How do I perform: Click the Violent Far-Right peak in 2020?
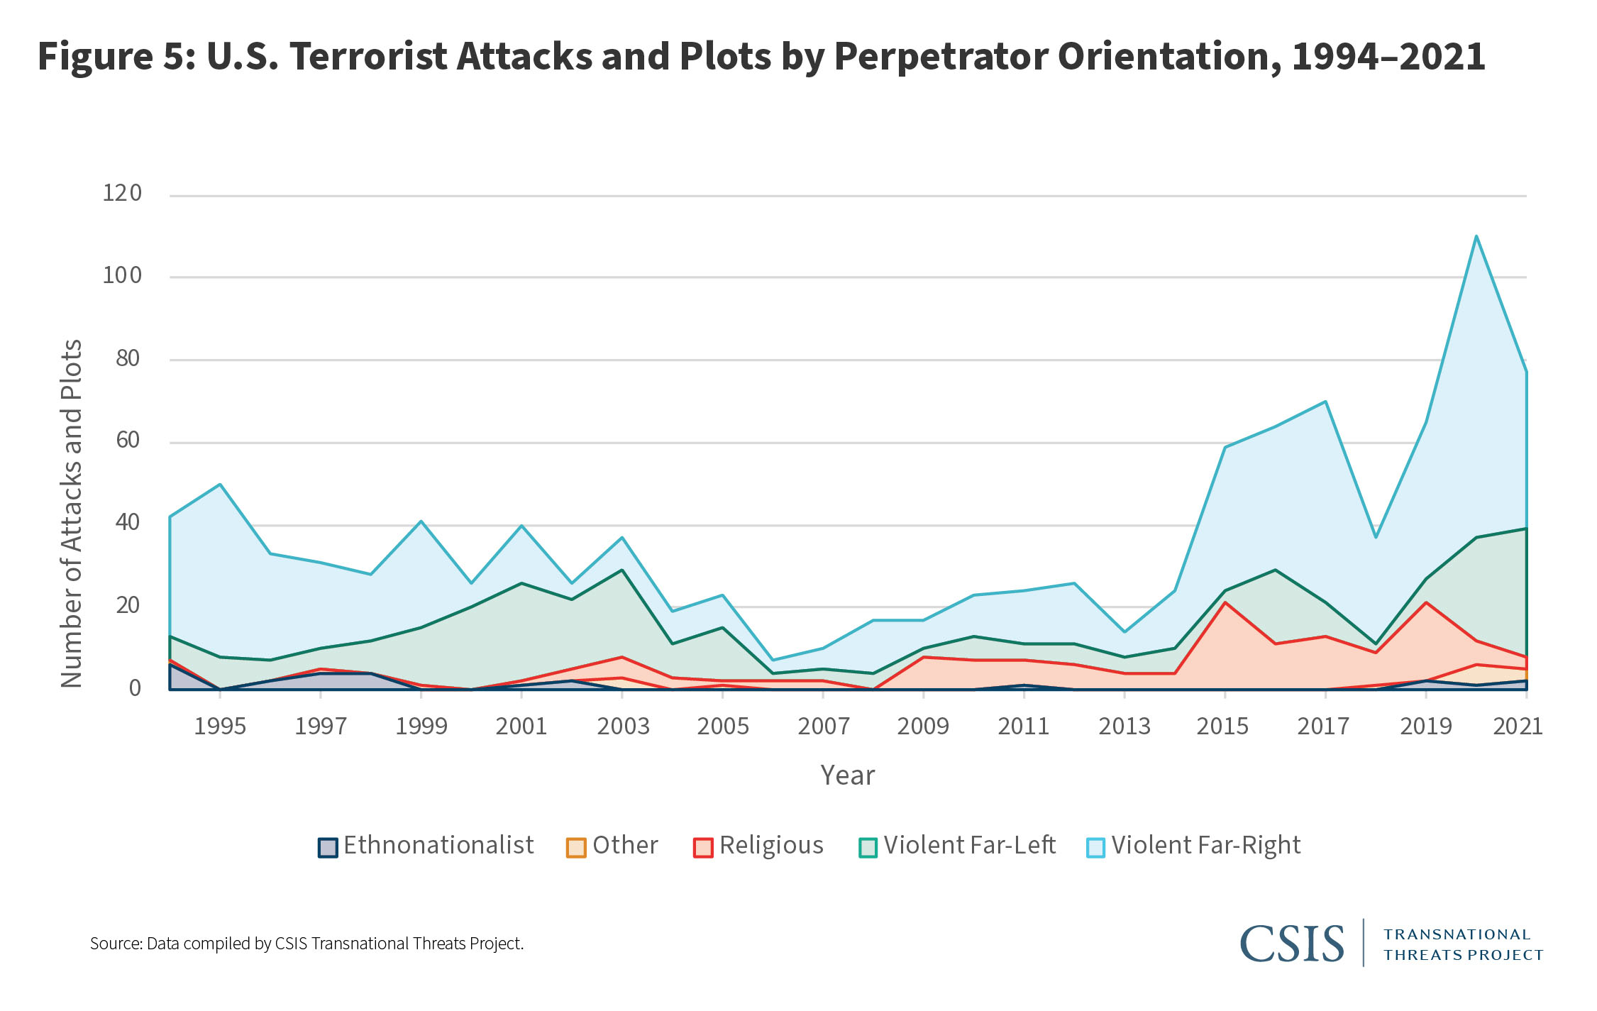tap(1476, 236)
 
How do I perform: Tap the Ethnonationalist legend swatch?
tap(327, 847)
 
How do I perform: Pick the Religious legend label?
tap(771, 846)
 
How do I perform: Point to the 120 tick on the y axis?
tap(122, 194)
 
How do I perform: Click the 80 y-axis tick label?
tap(128, 358)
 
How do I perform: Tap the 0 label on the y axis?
tap(134, 687)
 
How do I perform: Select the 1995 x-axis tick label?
tap(220, 727)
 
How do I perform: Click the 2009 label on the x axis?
tap(923, 727)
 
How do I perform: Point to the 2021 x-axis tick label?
tap(1518, 727)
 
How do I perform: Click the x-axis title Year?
tap(847, 775)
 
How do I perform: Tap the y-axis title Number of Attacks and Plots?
tap(72, 514)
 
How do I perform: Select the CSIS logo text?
tap(1291, 944)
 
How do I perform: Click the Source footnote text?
tap(306, 944)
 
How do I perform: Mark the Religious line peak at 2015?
tap(1225, 602)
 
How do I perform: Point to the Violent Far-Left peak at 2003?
tap(622, 570)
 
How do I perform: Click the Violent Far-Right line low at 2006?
tap(773, 660)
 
